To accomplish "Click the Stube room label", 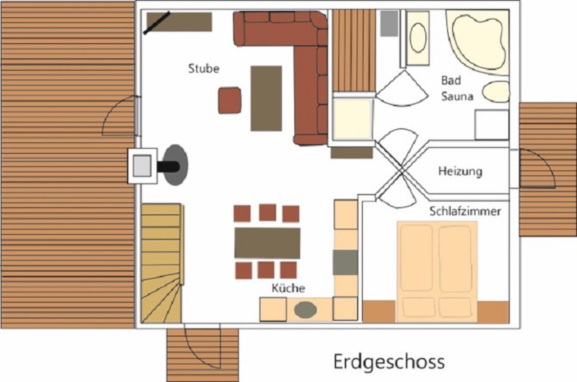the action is pyautogui.click(x=204, y=69).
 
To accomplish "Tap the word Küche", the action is pyautogui.click(x=288, y=288).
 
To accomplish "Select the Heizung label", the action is pyautogui.click(x=460, y=171).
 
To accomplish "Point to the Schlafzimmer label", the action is pyautogui.click(x=465, y=211).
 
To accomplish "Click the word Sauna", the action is pyautogui.click(x=457, y=96).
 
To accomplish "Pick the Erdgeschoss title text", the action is pyautogui.click(x=389, y=362).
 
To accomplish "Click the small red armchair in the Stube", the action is pyautogui.click(x=230, y=100).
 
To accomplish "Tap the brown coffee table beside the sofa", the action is pyautogui.click(x=266, y=98).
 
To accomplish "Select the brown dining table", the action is pyautogui.click(x=267, y=243).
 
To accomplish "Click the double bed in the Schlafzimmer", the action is pyautogui.click(x=437, y=272).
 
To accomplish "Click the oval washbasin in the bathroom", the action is pyautogui.click(x=418, y=38).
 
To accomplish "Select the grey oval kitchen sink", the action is pyautogui.click(x=305, y=310).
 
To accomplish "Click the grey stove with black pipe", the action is pyautogui.click(x=175, y=165).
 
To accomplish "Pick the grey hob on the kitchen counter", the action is pyautogui.click(x=345, y=262).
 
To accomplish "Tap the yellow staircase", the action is pyautogui.click(x=162, y=263).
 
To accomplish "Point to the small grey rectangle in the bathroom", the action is pyautogui.click(x=389, y=24).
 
